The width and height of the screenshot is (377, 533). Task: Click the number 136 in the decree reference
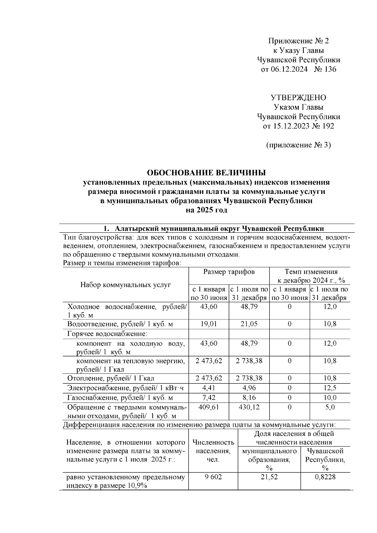coord(329,69)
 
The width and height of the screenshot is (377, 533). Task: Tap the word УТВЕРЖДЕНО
coord(298,98)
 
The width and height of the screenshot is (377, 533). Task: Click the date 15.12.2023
coord(286,126)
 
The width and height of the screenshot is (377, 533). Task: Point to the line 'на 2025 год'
coord(206,210)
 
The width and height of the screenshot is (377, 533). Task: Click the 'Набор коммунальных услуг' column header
coord(126,285)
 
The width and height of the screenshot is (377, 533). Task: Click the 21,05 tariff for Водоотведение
coord(249,324)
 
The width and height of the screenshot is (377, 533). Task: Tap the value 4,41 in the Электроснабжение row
coord(209,388)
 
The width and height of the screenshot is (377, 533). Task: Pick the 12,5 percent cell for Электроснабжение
coord(330,388)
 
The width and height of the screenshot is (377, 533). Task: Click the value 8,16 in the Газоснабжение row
coord(249,398)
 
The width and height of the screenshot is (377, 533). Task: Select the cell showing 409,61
coord(209,407)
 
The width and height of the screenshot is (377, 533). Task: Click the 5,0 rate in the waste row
coord(330,407)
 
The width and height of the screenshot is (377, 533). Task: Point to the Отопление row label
coord(111,378)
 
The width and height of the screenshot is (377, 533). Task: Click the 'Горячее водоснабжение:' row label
coord(107,334)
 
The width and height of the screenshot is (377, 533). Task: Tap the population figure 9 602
coord(213,477)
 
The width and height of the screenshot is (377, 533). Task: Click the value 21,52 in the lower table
coord(269,477)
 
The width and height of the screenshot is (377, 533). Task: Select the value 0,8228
coord(325,477)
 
